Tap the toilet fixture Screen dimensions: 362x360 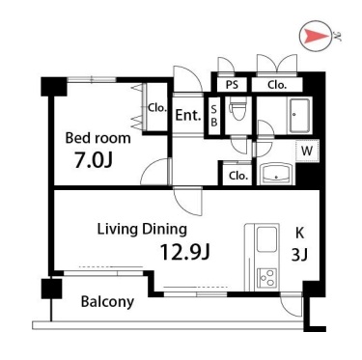click(x=237, y=108)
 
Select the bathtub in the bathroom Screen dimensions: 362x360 click(x=300, y=116)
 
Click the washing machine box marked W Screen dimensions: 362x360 click(x=307, y=151)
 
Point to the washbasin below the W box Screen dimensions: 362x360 click(x=276, y=174)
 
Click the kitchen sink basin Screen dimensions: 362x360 click(x=267, y=240)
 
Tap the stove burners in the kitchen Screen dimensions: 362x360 click(x=267, y=277)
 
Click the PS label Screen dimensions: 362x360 click(x=232, y=85)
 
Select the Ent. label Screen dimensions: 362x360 click(x=188, y=115)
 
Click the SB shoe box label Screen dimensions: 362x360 click(x=214, y=116)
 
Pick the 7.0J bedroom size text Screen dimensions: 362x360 click(x=94, y=160)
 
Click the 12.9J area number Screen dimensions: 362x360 click(x=185, y=252)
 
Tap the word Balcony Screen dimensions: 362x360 click(x=107, y=302)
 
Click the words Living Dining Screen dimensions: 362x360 click(x=142, y=230)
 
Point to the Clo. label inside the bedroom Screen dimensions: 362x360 click(x=157, y=108)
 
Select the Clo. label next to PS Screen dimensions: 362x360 click(x=277, y=85)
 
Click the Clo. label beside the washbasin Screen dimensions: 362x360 click(x=238, y=176)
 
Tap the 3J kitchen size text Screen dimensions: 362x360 click(x=299, y=256)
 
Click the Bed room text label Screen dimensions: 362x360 click(x=98, y=138)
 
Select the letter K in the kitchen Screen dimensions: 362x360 click(x=299, y=234)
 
